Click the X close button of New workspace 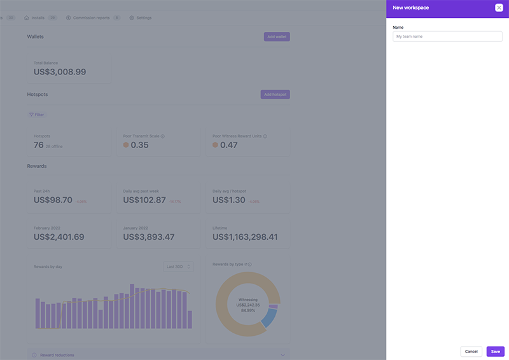[x=499, y=8]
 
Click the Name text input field [x=447, y=37]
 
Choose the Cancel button [x=471, y=351]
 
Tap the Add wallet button [x=277, y=37]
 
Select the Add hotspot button [x=275, y=95]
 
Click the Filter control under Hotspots [x=37, y=114]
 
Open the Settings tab [x=141, y=18]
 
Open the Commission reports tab [x=91, y=18]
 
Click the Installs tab [x=38, y=18]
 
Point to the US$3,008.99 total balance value [x=60, y=72]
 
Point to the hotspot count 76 [x=39, y=145]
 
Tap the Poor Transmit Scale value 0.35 [x=139, y=145]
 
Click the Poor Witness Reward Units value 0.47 [x=228, y=145]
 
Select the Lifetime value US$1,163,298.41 [x=245, y=237]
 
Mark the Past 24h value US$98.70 [x=53, y=200]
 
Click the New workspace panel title [x=410, y=8]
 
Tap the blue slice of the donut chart [x=269, y=317]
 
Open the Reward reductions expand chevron [x=282, y=355]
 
